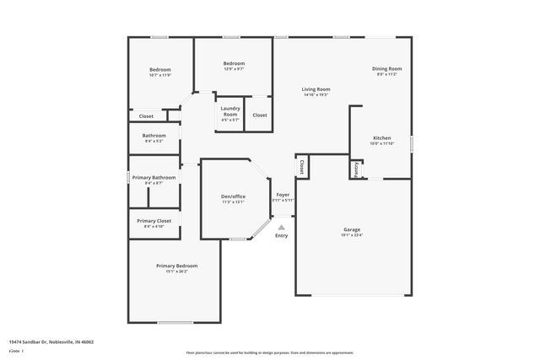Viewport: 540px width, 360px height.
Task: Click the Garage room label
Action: tap(352, 229)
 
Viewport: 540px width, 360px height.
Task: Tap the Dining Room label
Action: tap(387, 68)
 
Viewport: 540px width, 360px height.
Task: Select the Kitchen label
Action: tap(382, 137)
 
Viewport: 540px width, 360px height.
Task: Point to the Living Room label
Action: tap(316, 89)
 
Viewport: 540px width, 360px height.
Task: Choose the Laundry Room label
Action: tap(230, 110)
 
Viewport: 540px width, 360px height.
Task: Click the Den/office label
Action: tap(232, 196)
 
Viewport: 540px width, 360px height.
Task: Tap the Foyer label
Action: tap(283, 194)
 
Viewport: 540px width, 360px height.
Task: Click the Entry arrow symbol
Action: tap(282, 226)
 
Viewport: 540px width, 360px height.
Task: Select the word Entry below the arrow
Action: tap(282, 235)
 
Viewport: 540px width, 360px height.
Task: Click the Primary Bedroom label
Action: tap(176, 266)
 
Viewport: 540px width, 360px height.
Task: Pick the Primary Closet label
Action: tap(153, 221)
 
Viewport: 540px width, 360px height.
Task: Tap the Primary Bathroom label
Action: tap(154, 178)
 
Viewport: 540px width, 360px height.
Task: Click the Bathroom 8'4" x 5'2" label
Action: tap(154, 136)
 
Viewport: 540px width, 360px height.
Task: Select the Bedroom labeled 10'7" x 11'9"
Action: tap(160, 69)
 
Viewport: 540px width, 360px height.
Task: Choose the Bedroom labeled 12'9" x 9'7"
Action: tap(234, 63)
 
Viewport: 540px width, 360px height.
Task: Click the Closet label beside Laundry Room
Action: tap(260, 115)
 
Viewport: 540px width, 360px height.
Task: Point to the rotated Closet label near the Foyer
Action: tap(301, 167)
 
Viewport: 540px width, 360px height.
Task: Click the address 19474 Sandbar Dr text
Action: tap(51, 341)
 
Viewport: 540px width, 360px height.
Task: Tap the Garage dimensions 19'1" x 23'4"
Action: tap(352, 235)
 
